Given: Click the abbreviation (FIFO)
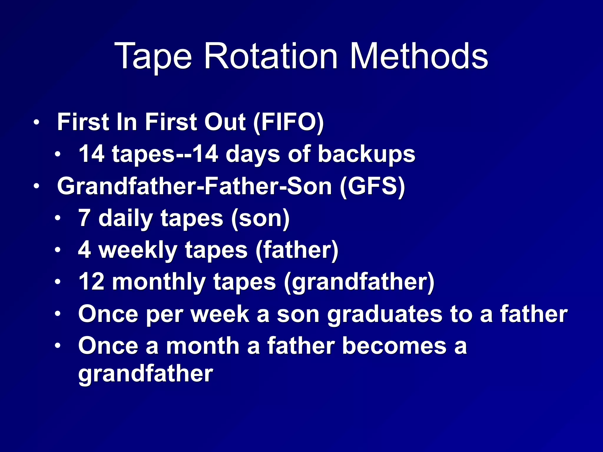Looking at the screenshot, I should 289,122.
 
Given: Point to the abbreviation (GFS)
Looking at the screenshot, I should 372,186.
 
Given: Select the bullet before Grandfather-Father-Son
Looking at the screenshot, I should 36,186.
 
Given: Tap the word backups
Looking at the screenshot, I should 366,154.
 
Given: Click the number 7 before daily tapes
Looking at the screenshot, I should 84,218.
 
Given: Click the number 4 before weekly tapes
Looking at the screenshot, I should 85,250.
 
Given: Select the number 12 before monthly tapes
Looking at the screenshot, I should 92,282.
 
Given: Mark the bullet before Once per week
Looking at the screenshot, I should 58,314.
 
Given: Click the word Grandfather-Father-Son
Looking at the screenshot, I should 194,186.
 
